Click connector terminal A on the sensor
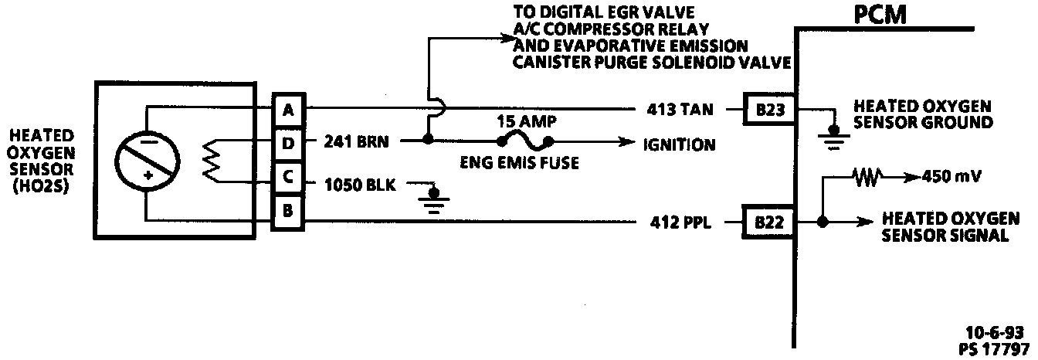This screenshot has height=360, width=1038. (288, 110)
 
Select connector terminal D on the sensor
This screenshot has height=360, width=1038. (288, 142)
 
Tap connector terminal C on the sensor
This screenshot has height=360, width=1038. (288, 177)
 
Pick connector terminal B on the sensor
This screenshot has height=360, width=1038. (288, 210)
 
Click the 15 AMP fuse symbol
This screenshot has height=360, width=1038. (525, 141)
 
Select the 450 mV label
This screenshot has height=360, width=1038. (951, 177)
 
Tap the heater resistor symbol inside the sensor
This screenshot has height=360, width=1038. (211, 161)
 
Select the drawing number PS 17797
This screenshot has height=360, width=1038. (997, 347)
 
